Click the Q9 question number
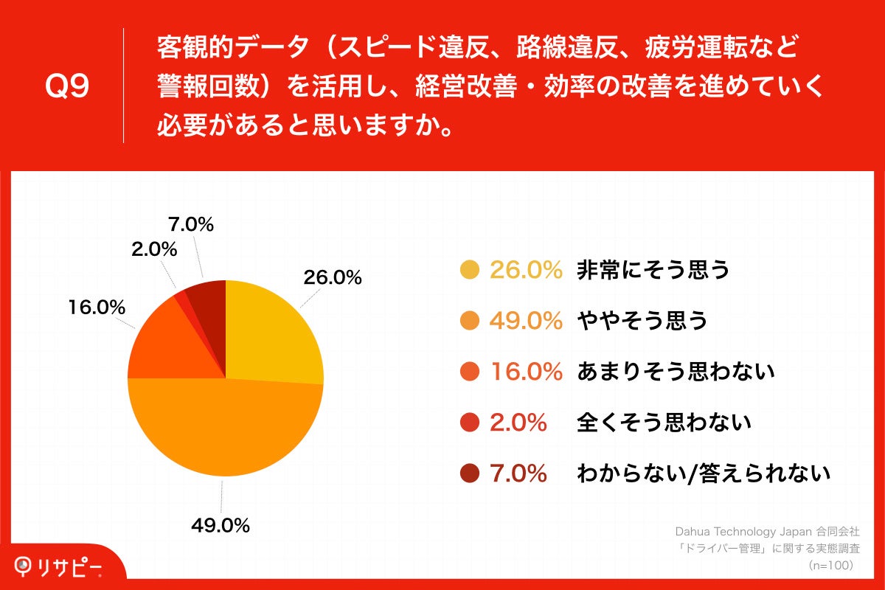coord(67,87)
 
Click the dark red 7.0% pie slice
coord(208,299)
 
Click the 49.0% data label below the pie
coord(221,526)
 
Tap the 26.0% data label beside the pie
coord(332,277)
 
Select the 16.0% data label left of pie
coord(97,308)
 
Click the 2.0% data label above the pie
coord(154,250)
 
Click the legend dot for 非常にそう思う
coord(469,271)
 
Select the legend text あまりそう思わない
coord(676,372)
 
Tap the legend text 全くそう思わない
coord(664,423)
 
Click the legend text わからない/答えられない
coord(704,473)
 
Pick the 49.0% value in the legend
coord(527,321)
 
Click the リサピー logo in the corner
coord(59,566)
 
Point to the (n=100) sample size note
coord(830,565)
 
